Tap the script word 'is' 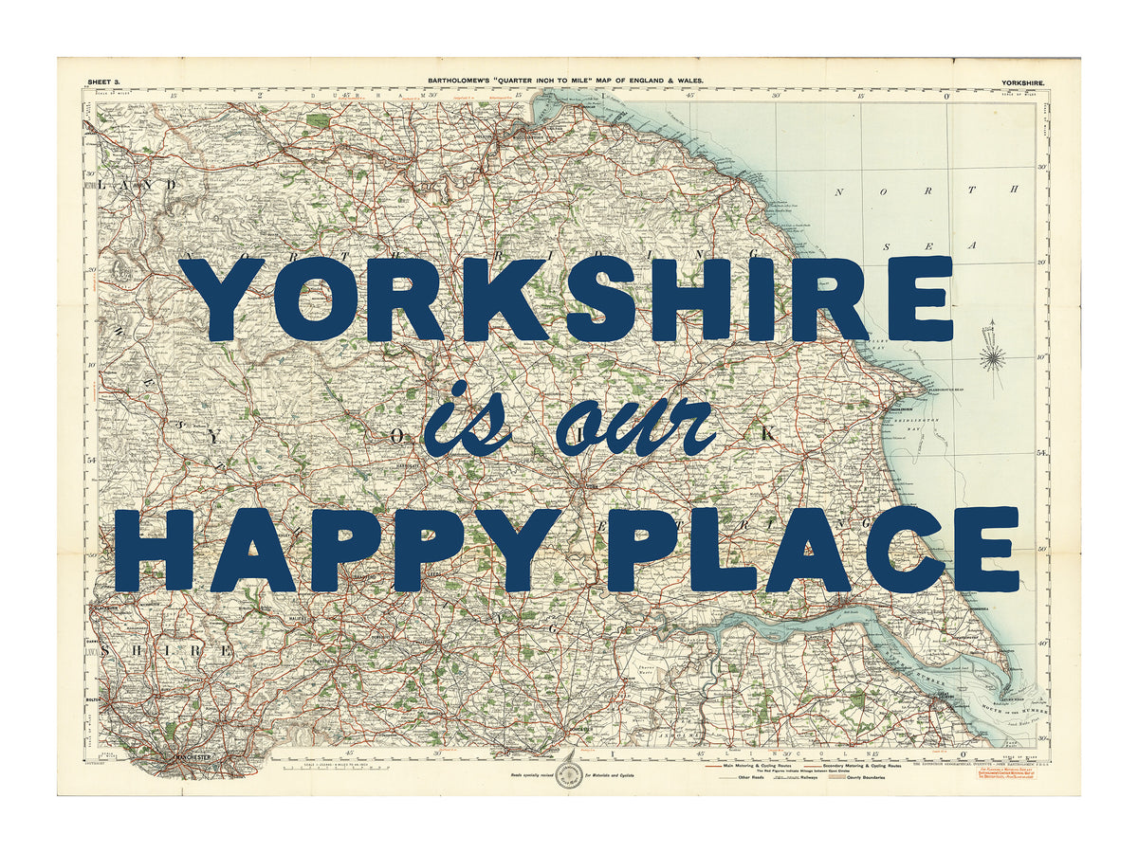pyautogui.click(x=467, y=421)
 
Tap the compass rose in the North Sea pyautogui.click(x=994, y=356)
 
